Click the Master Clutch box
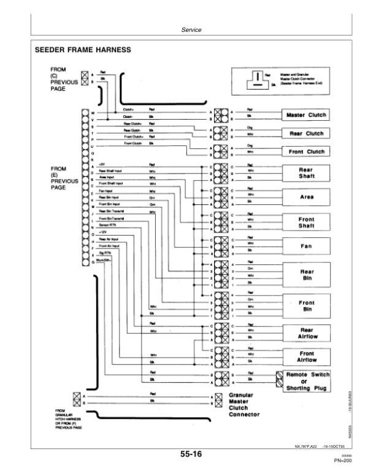coord(305,115)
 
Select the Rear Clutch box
coord(305,133)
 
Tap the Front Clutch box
coord(305,152)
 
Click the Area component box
coord(305,198)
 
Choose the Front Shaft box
coord(305,221)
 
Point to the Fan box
coord(305,245)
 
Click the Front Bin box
coord(305,305)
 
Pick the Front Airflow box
coord(305,357)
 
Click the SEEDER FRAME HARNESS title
coord(85,51)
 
